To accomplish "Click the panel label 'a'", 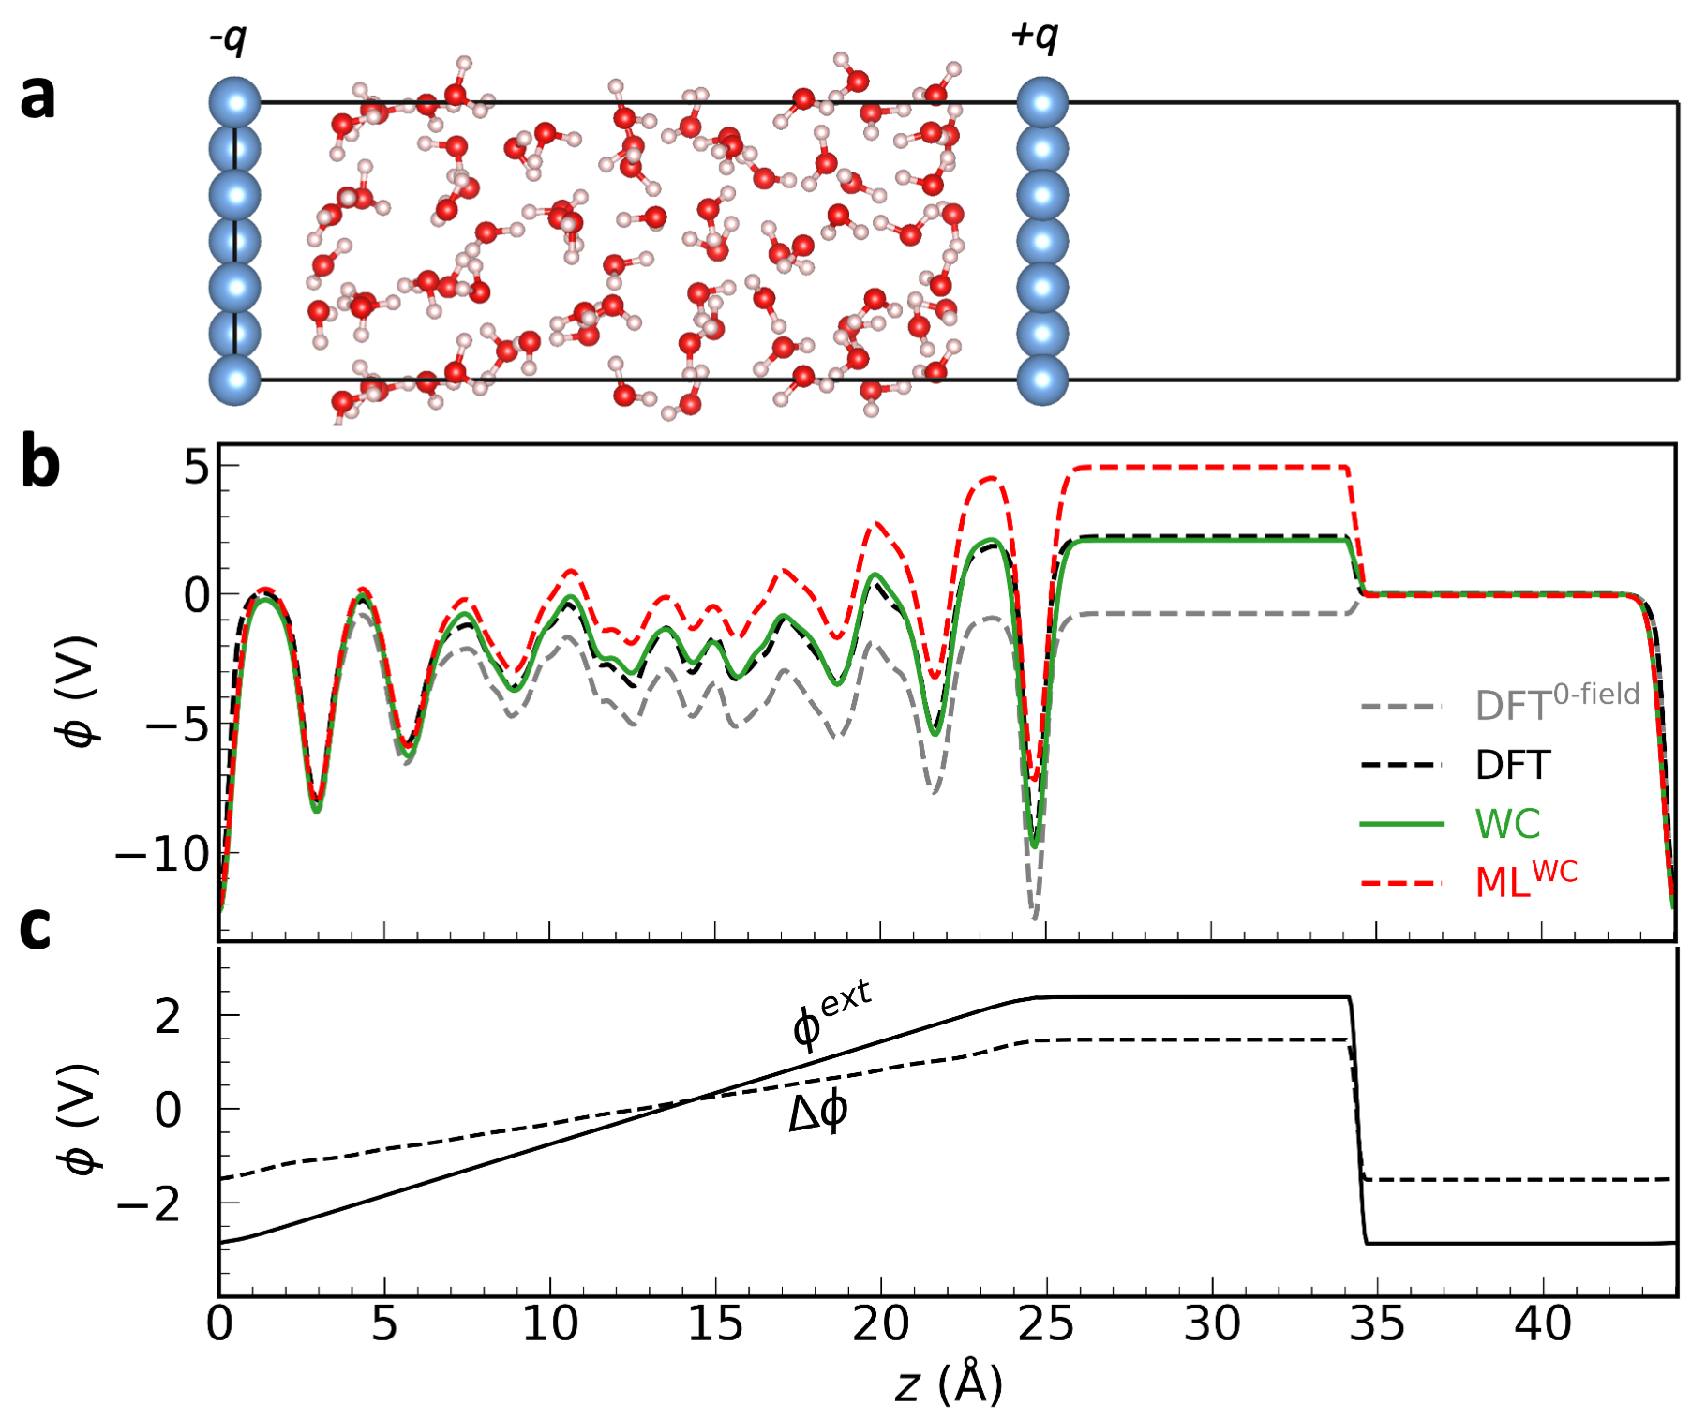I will click(x=37, y=97).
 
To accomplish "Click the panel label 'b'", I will click(x=40, y=464).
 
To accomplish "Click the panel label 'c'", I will click(x=35, y=928).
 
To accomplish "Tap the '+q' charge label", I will click(x=1034, y=37).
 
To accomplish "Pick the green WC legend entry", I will click(x=1507, y=824).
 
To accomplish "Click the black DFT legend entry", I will click(x=1513, y=765).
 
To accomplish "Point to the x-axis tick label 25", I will click(x=1046, y=1324).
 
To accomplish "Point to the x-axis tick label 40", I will click(x=1543, y=1324).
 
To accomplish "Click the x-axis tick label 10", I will click(x=549, y=1324).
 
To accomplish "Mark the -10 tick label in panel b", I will click(x=162, y=854).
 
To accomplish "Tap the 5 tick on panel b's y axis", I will click(x=198, y=466).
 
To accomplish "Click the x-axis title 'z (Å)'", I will click(x=949, y=1383).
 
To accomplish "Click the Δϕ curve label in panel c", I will click(x=818, y=1114).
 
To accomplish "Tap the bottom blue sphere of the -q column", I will click(x=234, y=380).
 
